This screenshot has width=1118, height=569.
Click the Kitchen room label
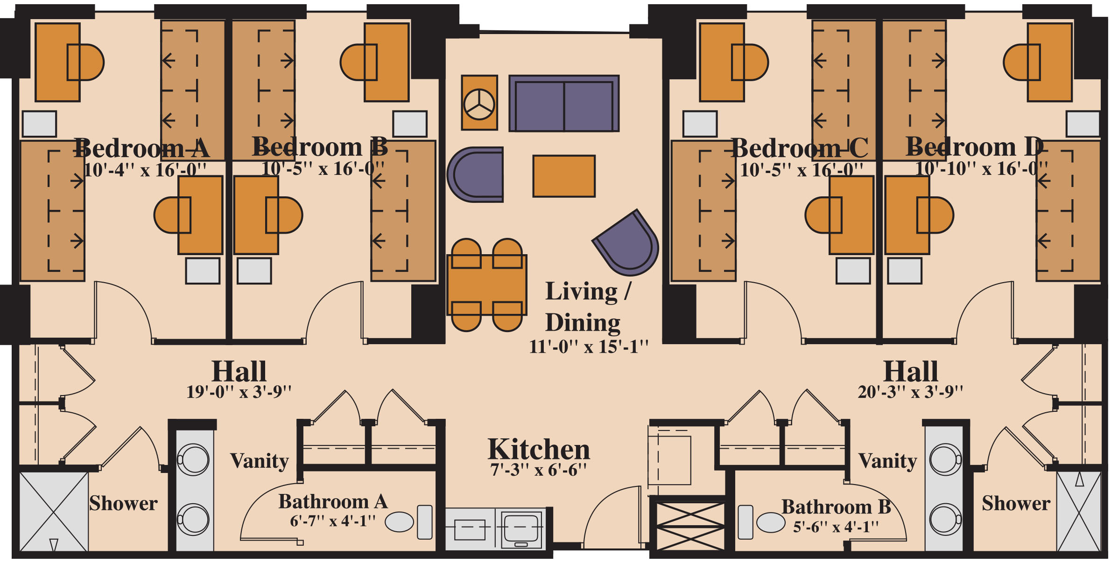(x=539, y=450)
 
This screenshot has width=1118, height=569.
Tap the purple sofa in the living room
(x=564, y=104)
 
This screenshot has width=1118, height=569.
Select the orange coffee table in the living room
(x=564, y=176)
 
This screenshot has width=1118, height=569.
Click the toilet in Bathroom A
(x=409, y=522)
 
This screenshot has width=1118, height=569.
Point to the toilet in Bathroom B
(x=761, y=522)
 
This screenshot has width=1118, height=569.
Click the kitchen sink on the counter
(x=521, y=529)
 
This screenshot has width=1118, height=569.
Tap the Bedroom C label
(x=799, y=148)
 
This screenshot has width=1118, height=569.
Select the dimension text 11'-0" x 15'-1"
(x=589, y=347)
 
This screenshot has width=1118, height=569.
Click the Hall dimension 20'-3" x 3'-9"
(x=910, y=392)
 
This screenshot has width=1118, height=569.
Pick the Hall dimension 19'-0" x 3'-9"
(x=239, y=392)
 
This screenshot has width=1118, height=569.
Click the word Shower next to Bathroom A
(x=124, y=503)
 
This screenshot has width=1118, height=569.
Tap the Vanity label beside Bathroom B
(x=888, y=461)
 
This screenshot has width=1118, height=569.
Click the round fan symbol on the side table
(x=479, y=104)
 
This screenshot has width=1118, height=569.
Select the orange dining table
(x=487, y=285)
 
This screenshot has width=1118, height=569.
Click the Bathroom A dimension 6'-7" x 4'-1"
(x=333, y=520)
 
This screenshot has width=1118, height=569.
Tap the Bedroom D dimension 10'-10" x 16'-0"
(x=981, y=169)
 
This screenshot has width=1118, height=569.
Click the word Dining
(x=583, y=323)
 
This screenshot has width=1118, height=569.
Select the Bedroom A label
(x=142, y=148)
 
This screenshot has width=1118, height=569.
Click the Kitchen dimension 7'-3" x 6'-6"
(x=538, y=470)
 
